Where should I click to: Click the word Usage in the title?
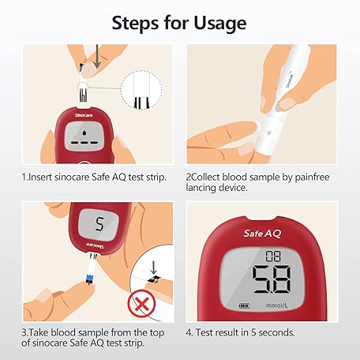coord(220,23)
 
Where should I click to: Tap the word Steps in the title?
coord(136,23)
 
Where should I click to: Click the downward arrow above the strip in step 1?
coord(97,56)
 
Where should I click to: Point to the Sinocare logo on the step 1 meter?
coord(84,115)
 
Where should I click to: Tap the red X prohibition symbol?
coord(141,304)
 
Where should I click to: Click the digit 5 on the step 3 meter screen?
coord(99,224)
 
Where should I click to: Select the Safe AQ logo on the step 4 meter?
coord(262,234)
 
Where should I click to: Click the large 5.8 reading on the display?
coord(272,279)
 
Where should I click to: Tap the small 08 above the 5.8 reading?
coord(273,256)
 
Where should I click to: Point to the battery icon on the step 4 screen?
coord(244,306)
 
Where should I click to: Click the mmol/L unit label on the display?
coord(277,306)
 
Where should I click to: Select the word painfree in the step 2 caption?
coord(312,178)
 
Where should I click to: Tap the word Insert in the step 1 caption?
coord(40,177)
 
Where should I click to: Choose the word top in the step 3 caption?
coord(157,333)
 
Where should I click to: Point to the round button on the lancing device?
coord(269,133)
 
